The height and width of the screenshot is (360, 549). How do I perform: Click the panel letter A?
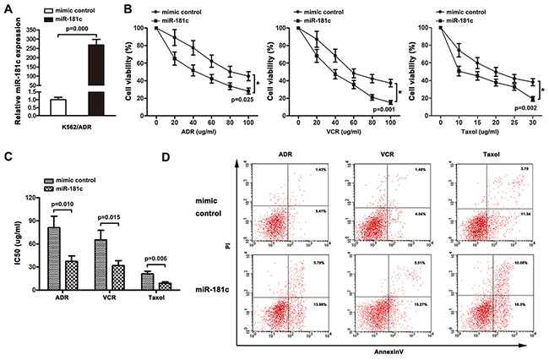(6, 9)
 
